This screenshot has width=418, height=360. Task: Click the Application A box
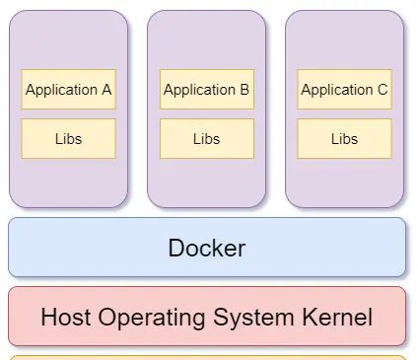click(68, 90)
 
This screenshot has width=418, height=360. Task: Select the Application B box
click(206, 90)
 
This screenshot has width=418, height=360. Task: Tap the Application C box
click(344, 90)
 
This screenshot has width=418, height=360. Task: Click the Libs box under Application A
click(68, 139)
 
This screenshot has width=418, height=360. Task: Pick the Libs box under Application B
click(206, 139)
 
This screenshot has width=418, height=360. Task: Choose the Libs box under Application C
click(344, 139)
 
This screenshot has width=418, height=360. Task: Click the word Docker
click(207, 248)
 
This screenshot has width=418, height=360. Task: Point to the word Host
click(66, 318)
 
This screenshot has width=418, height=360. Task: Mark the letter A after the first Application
click(105, 90)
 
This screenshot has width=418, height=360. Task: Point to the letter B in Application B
click(244, 90)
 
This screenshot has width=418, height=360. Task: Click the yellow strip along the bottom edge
click(207, 357)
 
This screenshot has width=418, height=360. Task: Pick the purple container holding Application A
click(68, 39)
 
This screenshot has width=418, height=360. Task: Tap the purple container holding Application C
click(344, 39)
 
